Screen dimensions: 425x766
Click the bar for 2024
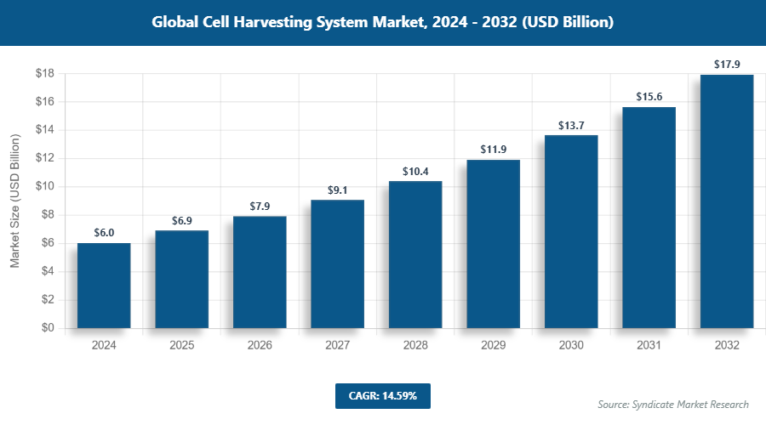click(104, 286)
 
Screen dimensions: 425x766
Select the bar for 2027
click(337, 263)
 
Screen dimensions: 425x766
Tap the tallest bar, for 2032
click(727, 201)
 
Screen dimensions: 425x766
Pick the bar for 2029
click(493, 244)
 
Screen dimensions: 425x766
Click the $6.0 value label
click(104, 232)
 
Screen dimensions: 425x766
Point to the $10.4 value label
click(415, 170)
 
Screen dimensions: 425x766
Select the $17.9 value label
click(727, 64)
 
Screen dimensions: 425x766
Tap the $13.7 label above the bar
click(571, 124)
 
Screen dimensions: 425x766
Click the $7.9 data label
click(260, 206)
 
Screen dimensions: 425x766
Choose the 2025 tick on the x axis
click(181, 346)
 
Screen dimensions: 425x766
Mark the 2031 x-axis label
click(649, 346)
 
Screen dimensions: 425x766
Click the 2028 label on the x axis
click(415, 346)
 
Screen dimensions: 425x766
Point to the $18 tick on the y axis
click(44, 74)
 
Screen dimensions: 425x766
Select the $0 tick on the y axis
click(48, 328)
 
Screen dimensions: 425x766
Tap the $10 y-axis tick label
click(44, 187)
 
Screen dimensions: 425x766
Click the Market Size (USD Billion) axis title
click(14, 201)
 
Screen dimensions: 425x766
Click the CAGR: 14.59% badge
click(382, 395)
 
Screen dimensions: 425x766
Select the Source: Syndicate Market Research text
click(673, 405)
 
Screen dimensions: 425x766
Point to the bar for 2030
click(571, 231)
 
